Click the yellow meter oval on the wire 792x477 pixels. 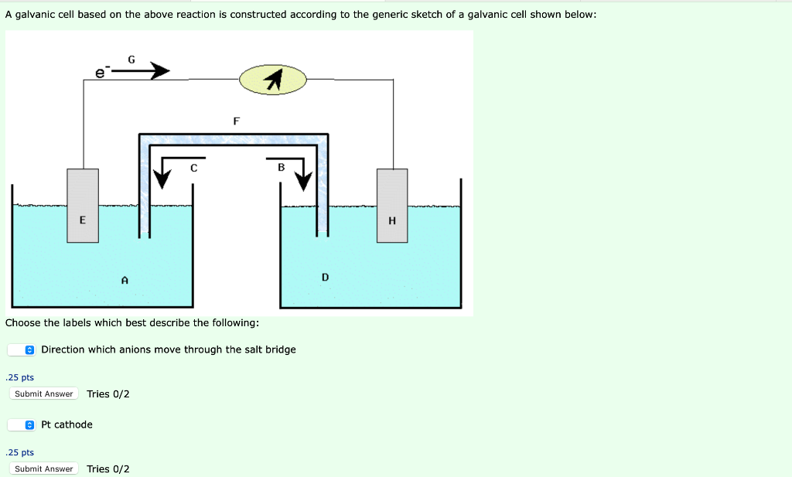coord(273,79)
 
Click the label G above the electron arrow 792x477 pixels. coord(131,59)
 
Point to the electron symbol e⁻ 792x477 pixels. coord(101,73)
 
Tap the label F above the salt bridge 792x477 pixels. coord(236,121)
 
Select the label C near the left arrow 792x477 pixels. coord(194,167)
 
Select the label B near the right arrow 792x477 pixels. coord(281,167)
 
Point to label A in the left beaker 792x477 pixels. coord(125,280)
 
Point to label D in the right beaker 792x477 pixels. coord(325,277)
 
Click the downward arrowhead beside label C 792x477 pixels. coord(161,179)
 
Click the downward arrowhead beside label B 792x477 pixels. coord(303,181)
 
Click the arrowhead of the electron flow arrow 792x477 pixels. coord(160,71)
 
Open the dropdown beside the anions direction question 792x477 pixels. coord(22,350)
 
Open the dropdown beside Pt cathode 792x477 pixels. coord(22,424)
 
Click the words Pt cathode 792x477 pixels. coord(67,424)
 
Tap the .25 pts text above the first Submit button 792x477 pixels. coord(19,377)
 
